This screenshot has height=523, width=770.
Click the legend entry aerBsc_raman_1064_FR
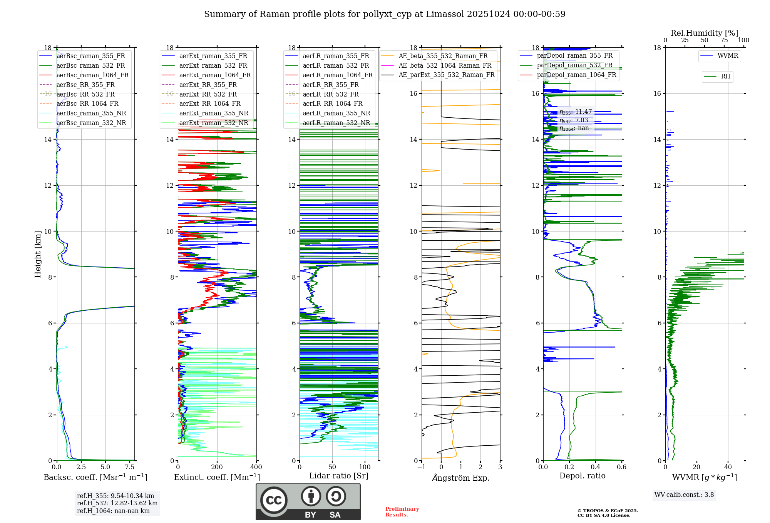92,75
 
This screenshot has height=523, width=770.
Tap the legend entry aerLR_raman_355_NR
336,113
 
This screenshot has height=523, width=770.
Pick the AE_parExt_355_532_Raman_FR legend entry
446,75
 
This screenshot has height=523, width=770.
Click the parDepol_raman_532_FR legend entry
574,65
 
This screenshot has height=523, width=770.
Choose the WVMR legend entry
728,56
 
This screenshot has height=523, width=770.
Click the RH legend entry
725,77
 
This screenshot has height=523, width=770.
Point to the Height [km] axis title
38,254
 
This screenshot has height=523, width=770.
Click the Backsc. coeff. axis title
95,477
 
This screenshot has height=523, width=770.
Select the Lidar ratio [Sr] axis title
339,476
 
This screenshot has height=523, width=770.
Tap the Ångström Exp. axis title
461,478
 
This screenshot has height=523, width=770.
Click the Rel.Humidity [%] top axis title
704,33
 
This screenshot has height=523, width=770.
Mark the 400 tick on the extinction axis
256,467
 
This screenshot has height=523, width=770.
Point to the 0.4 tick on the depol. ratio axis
596,467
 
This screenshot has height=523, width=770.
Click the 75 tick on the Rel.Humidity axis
724,40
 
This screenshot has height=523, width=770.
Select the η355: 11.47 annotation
575,112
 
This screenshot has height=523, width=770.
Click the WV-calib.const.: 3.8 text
684,495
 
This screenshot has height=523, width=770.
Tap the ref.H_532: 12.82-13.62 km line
117,503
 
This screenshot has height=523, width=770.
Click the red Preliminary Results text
402,512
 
